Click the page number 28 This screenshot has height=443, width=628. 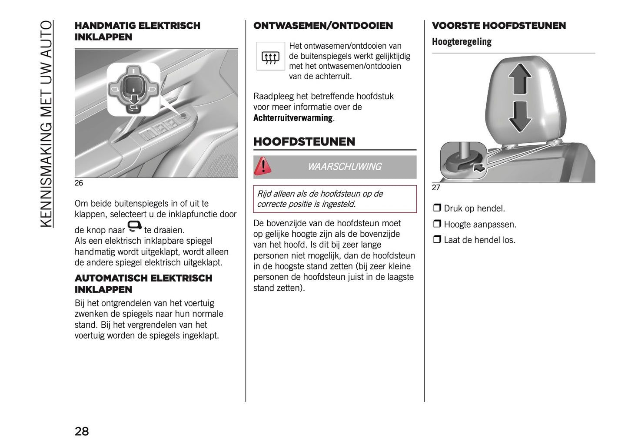point(82,431)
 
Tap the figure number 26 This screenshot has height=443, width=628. point(79,183)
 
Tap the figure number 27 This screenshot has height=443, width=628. point(436,188)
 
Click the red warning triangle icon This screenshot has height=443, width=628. point(262,166)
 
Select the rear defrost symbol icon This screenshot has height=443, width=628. point(270,57)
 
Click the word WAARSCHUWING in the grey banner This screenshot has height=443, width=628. point(344,167)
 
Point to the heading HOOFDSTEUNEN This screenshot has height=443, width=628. point(304,142)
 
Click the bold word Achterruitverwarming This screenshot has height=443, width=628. point(293,118)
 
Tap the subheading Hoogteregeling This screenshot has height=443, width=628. point(462,42)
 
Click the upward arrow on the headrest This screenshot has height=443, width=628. point(519,78)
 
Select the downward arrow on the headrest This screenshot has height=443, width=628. point(519,116)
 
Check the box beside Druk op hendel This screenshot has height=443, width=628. point(437,208)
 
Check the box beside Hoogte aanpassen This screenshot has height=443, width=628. point(437,224)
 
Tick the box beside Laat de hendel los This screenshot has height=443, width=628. point(437,239)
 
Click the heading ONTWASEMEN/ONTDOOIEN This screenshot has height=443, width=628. point(323,26)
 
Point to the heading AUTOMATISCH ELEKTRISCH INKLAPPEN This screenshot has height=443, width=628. point(143,284)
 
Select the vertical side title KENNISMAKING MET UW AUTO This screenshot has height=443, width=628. point(46,124)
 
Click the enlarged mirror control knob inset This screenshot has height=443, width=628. point(133,89)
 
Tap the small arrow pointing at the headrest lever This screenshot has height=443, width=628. point(478,167)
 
